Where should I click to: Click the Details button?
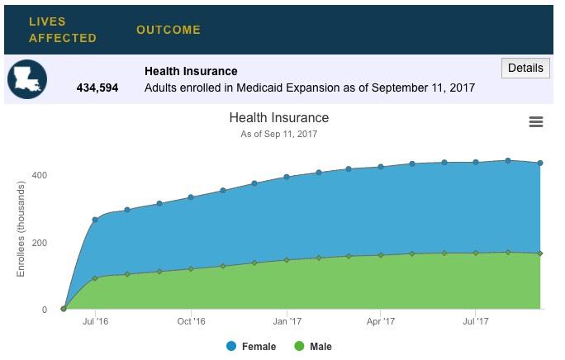point(525,69)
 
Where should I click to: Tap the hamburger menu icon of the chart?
point(536,122)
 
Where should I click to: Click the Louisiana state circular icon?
point(27,80)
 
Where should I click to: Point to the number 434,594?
point(97,88)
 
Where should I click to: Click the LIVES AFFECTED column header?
point(62,30)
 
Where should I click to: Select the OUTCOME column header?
point(169,30)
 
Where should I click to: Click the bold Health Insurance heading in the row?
point(191,71)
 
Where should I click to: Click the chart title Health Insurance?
point(278,118)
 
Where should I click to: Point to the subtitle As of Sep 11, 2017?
point(278,134)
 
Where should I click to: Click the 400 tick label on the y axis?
point(40,176)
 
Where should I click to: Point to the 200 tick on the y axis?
point(40,244)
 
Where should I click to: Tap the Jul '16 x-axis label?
point(96,322)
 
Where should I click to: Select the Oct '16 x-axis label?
point(191,322)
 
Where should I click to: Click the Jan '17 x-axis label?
point(287,322)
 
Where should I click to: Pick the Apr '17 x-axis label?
point(380,322)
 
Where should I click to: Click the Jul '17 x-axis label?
point(475,322)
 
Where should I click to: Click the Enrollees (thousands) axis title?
point(21,230)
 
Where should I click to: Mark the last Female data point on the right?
point(540,163)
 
